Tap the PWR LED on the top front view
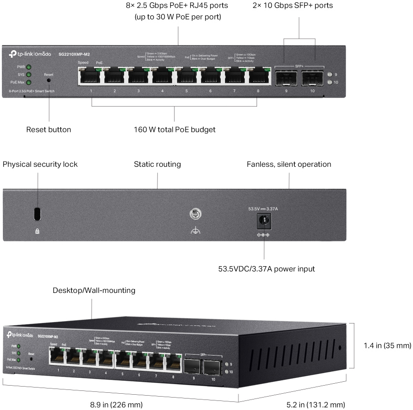(x=29, y=67)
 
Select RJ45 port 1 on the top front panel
(x=91, y=76)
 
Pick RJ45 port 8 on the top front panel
(x=258, y=76)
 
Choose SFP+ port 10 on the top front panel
(x=312, y=77)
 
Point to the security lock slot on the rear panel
(x=37, y=214)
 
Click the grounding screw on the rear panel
(x=194, y=215)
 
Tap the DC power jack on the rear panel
(x=262, y=220)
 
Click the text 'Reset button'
(x=49, y=129)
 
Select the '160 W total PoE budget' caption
(x=175, y=129)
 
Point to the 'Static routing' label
(x=157, y=164)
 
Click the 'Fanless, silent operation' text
(x=289, y=164)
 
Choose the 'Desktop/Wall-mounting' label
(x=94, y=290)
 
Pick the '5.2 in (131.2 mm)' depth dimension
(x=315, y=405)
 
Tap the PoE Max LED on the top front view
(x=29, y=83)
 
